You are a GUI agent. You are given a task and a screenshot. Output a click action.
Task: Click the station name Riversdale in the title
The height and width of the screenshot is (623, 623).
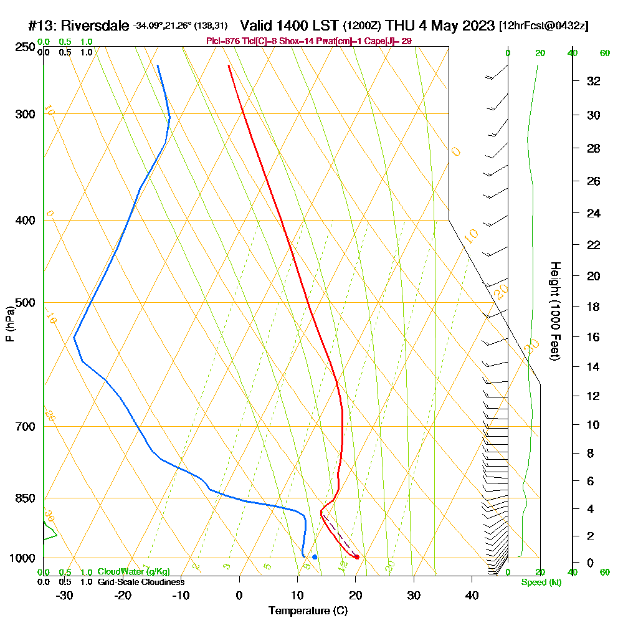coord(93,26)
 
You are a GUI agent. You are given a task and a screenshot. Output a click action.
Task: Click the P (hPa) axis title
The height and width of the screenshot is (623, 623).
coord(9,324)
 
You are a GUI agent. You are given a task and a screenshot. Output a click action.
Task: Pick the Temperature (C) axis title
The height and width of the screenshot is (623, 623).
coord(308,611)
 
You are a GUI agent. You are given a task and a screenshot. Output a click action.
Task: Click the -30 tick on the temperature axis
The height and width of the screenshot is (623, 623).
coord(64,595)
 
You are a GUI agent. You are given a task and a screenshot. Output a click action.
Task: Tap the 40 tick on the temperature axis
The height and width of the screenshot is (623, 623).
coord(472,595)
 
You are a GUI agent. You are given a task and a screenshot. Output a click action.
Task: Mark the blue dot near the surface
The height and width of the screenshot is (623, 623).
coord(315,557)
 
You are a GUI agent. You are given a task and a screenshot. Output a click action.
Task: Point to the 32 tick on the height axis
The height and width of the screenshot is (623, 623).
coord(594,80)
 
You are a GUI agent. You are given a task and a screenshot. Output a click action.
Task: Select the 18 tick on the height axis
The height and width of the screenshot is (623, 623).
coord(594,307)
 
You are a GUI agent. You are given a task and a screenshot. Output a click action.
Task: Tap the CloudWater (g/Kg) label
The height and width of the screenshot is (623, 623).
coord(133,572)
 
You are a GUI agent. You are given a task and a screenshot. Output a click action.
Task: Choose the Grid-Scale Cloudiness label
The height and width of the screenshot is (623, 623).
coord(140,582)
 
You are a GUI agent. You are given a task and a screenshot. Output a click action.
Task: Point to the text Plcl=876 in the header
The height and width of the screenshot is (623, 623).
coord(222,41)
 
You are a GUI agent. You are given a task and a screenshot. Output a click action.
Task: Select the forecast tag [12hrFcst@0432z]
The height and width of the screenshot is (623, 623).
coord(543,26)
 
